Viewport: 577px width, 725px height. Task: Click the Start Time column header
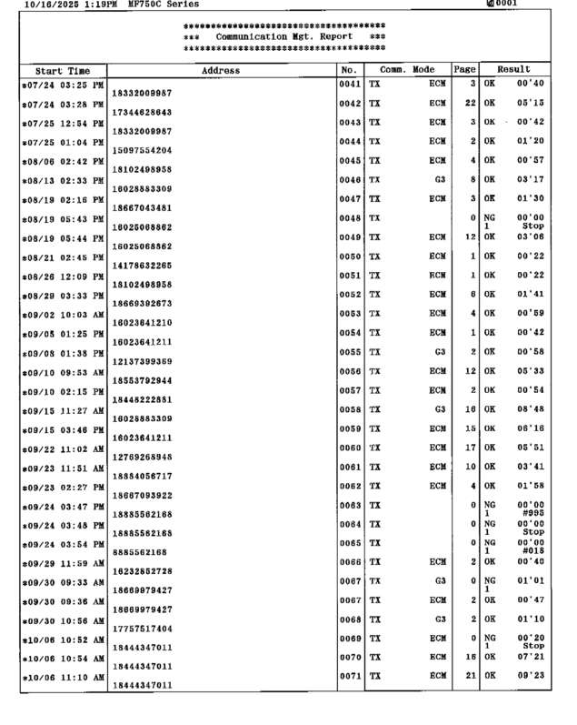[63, 70]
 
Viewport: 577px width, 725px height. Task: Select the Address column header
[221, 70]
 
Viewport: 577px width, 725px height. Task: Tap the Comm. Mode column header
[407, 70]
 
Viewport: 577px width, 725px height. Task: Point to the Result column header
[513, 70]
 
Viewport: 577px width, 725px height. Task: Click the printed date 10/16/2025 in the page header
[42, 5]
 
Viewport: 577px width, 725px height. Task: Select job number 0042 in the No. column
[350, 104]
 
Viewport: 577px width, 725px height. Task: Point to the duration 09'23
[531, 675]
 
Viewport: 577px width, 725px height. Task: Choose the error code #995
[533, 512]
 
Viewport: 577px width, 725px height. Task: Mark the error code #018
[533, 550]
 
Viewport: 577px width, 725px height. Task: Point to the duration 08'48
[531, 409]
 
